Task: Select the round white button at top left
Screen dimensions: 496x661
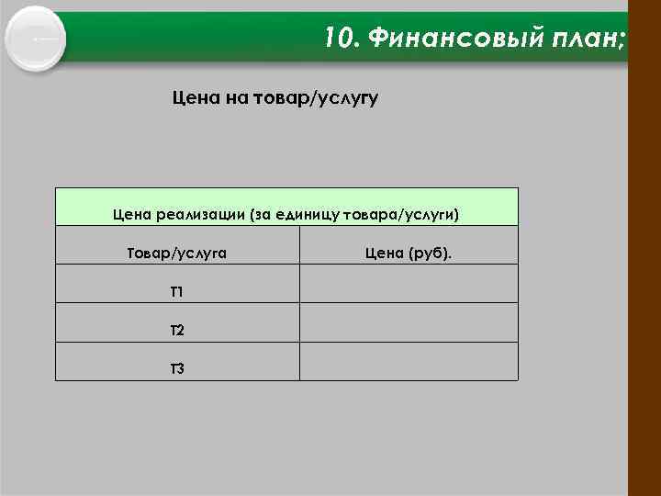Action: (35, 38)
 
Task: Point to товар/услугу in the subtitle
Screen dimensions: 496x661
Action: (320, 97)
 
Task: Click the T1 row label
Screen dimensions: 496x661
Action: (176, 292)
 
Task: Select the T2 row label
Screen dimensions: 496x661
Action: (176, 330)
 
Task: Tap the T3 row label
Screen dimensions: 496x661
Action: (176, 368)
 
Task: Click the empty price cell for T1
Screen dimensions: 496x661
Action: (409, 285)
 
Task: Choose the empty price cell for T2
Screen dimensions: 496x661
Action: (409, 323)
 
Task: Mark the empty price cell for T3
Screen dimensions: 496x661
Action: (409, 362)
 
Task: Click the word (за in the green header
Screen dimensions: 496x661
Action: (260, 215)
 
